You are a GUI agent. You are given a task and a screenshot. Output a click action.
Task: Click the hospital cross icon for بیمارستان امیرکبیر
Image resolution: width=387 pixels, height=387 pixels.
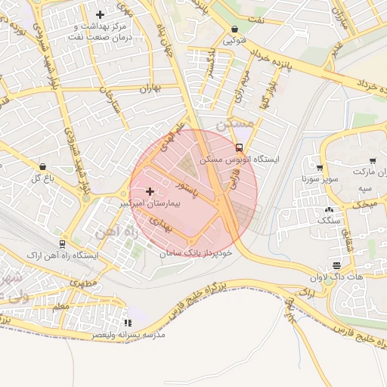point(150,192)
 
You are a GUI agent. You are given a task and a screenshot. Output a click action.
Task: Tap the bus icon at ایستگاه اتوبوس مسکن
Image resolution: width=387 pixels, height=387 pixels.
point(240,147)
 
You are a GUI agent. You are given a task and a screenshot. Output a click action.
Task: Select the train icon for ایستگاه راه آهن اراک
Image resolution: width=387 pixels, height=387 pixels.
point(61,244)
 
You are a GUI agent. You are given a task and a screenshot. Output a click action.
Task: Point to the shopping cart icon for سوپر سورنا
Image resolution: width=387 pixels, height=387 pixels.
point(320,168)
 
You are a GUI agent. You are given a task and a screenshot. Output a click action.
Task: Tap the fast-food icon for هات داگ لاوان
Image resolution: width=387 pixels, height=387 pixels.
point(336,265)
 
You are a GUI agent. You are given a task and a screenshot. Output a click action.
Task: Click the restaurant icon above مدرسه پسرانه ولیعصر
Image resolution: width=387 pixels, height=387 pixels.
point(127,323)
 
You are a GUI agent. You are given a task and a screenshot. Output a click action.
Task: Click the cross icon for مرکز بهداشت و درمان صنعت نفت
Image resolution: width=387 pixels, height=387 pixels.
point(100,14)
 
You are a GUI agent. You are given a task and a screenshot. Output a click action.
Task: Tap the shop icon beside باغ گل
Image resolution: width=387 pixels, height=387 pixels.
point(42,166)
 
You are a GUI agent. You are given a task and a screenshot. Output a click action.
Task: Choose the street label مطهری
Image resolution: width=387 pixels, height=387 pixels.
point(85,281)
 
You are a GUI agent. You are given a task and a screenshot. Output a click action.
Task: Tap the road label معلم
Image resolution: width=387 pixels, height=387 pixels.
point(62,307)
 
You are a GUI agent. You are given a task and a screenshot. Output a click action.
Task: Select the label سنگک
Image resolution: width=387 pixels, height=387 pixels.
point(330,221)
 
